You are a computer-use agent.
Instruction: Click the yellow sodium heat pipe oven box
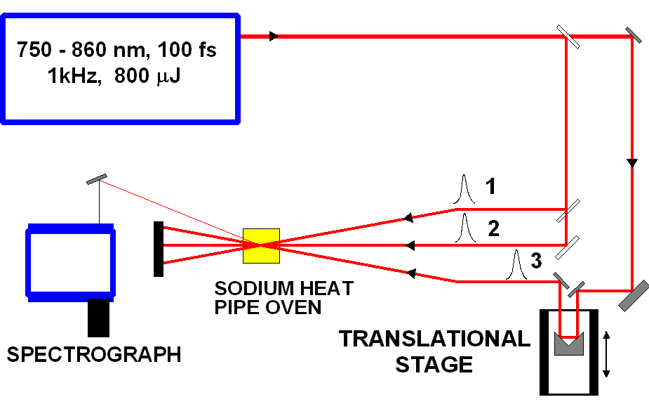click(x=261, y=245)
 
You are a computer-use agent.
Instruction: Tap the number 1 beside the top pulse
click(x=492, y=186)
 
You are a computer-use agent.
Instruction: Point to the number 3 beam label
click(x=535, y=261)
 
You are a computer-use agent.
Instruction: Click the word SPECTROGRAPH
click(x=94, y=353)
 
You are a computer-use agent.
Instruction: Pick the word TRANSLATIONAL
click(x=434, y=339)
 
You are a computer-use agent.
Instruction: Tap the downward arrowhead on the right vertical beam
click(x=632, y=163)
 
